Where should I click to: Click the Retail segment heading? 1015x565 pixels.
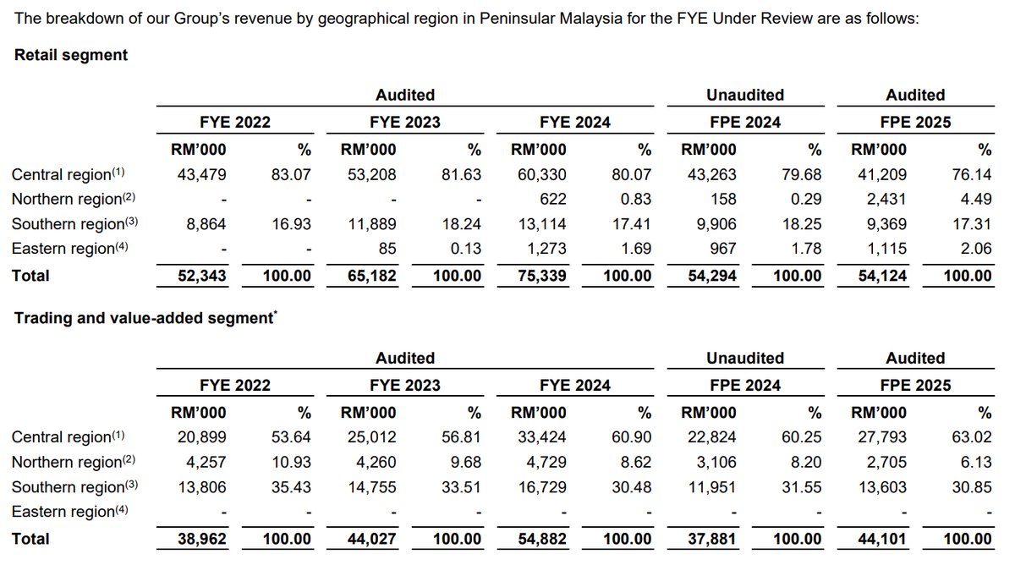(71, 55)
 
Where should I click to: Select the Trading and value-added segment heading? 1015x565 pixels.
(144, 318)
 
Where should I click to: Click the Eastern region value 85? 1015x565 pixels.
(385, 249)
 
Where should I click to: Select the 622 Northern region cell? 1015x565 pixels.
(551, 200)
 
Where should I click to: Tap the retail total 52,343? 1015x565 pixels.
(201, 276)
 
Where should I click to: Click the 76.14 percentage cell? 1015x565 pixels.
(972, 175)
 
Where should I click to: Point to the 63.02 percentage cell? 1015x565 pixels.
(972, 437)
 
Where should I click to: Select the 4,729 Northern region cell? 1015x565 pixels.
(546, 462)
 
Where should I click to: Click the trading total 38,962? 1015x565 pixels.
(201, 539)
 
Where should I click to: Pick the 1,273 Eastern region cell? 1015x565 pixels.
(546, 249)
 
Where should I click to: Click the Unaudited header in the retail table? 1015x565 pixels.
(745, 96)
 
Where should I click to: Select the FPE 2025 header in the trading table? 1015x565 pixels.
(915, 386)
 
